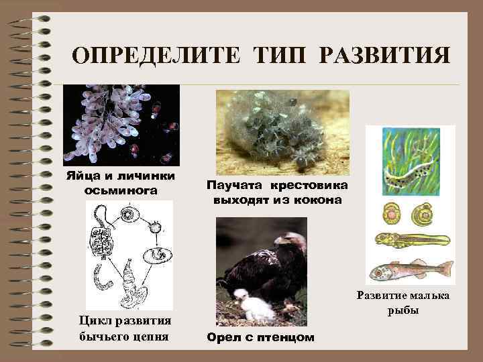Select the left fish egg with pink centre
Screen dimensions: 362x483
pos(390,214)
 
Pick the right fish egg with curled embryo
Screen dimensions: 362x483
pos(424,214)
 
